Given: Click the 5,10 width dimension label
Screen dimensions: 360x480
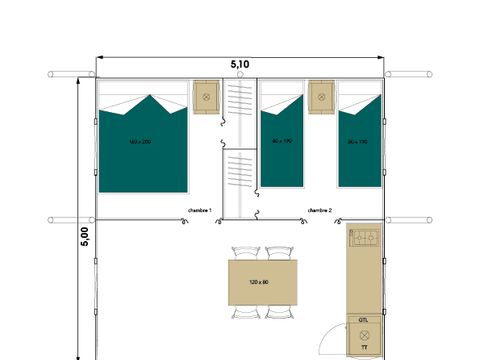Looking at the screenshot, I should point(240,63).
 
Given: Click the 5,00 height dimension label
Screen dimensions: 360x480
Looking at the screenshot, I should point(85,236).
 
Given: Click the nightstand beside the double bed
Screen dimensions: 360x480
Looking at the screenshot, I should point(206,96).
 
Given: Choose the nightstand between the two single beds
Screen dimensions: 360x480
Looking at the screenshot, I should point(320,96).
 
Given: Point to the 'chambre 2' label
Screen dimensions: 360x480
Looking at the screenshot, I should point(320,210).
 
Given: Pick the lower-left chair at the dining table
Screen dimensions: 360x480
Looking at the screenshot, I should point(245,312).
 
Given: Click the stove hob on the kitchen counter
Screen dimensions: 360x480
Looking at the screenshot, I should point(364,238).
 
